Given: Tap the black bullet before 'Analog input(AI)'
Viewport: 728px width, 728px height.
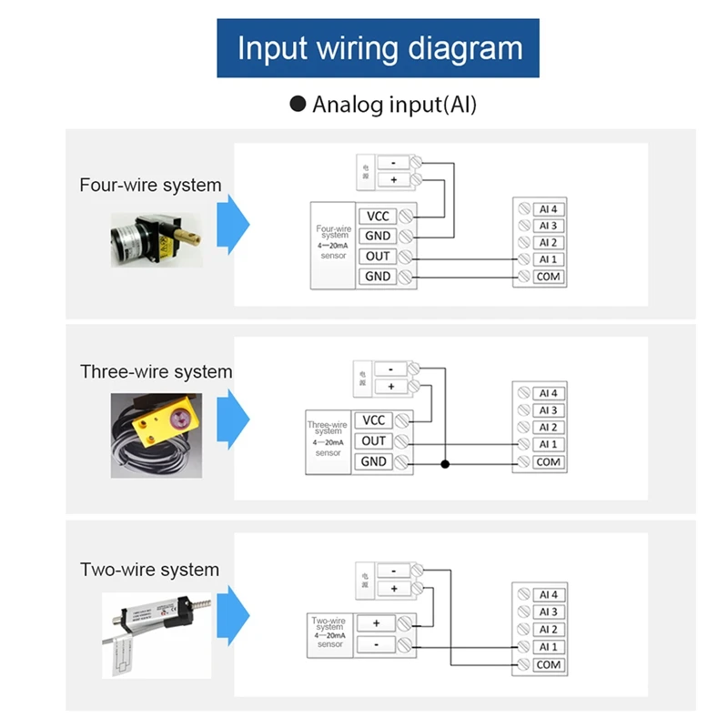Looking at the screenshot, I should point(298,104).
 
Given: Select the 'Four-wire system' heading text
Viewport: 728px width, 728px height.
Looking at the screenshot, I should point(150,185).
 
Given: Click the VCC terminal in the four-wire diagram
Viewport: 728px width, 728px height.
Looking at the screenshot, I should point(377,216).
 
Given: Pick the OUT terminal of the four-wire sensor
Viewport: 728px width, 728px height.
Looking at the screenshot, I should point(377,257).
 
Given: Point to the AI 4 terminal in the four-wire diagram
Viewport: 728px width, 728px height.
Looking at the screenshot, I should point(547,208).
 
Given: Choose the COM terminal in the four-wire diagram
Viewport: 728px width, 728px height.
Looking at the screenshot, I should point(547,277).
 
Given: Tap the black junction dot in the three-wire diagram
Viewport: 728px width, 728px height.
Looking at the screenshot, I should point(445,464).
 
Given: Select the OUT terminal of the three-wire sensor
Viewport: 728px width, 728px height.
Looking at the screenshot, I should point(374,441).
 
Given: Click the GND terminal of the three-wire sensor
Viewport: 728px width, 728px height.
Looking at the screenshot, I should point(374,462).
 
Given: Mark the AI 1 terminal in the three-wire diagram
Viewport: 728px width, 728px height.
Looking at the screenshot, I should point(547,445).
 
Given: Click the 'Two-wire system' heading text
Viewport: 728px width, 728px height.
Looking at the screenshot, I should point(149,571).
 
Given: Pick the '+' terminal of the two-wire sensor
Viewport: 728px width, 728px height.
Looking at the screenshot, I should point(376,623).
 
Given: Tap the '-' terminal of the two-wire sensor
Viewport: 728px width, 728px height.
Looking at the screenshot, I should point(376,644).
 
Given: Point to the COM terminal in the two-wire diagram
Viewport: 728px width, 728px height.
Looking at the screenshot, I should point(547,664).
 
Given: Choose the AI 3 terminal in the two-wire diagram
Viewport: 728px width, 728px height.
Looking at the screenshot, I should point(547,612).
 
